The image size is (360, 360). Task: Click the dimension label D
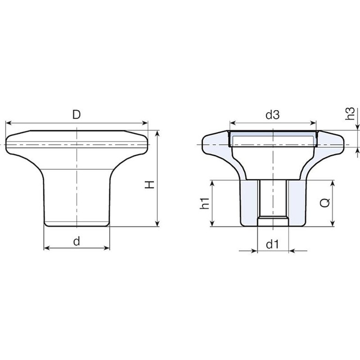click(76, 114)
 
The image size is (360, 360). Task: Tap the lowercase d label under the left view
click(77, 241)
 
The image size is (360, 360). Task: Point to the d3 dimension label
click(272, 115)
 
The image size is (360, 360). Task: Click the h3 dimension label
click(350, 113)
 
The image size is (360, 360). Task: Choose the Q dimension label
click(325, 202)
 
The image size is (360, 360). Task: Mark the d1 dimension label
click(272, 245)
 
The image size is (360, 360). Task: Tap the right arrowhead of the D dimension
click(145, 123)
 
